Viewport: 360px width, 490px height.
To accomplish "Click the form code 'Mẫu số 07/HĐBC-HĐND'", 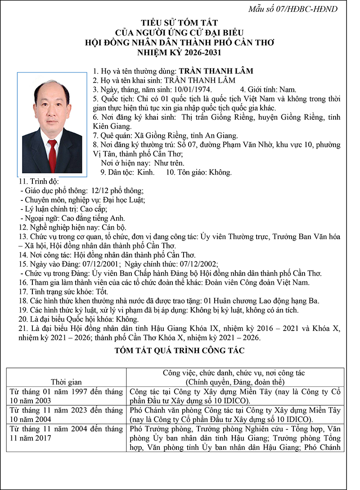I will point(300,9).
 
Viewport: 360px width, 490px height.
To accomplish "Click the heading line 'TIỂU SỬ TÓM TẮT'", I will point(180,23).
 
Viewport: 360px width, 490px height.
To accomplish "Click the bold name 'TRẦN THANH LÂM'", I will point(216,71).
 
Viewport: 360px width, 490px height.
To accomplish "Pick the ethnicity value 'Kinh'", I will point(145,172).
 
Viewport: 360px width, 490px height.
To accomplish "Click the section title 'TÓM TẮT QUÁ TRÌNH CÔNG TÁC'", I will point(180,350).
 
